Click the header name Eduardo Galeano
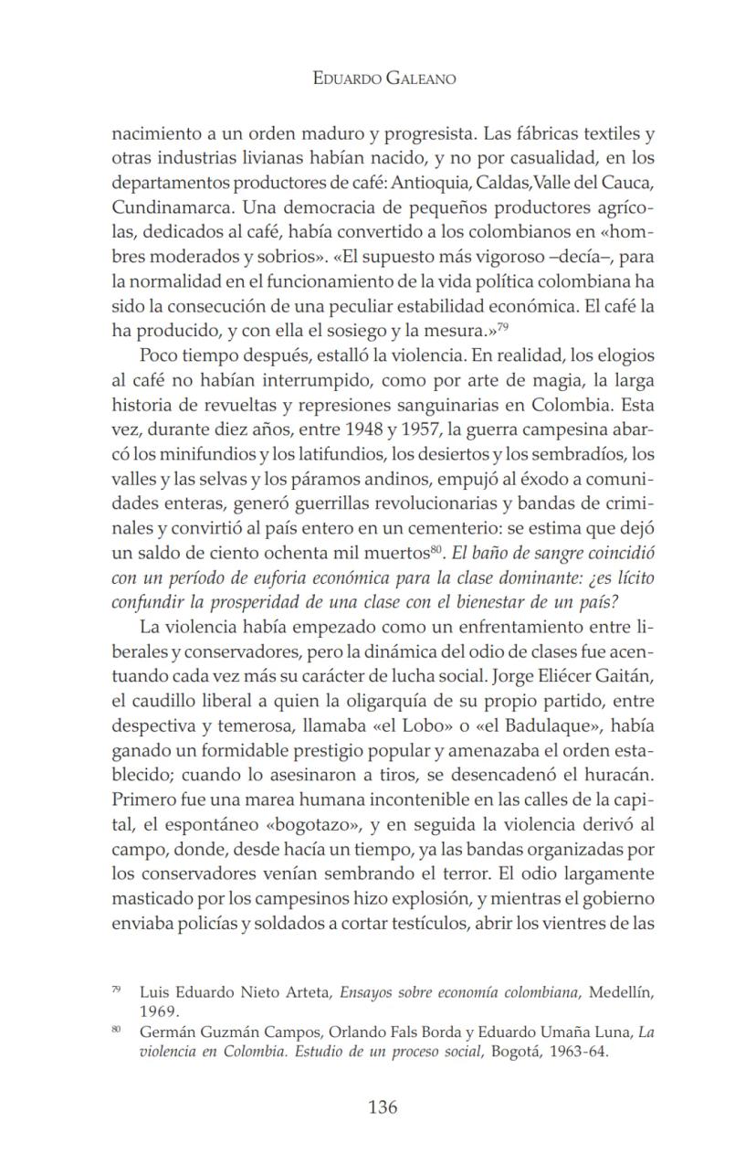383,79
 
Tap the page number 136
383,1107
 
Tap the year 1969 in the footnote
159,1011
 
